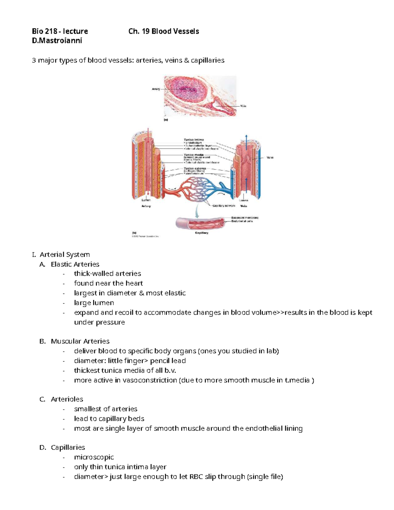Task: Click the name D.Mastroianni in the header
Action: pos(57,41)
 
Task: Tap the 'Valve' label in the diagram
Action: pos(270,158)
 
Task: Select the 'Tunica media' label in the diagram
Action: pos(194,155)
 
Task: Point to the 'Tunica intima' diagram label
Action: pos(194,140)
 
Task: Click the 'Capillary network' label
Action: pos(224,206)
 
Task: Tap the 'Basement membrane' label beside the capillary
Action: pos(245,217)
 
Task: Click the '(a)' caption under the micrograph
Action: pos(166,120)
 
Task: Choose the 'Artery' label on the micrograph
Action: pos(156,89)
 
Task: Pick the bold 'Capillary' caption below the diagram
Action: pos(202,233)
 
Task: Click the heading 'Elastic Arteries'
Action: pos(75,264)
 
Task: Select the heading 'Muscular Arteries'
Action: pos(80,341)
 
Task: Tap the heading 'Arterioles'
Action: pos(67,399)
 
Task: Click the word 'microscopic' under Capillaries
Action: pos(94,457)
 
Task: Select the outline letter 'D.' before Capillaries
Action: pos(43,447)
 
